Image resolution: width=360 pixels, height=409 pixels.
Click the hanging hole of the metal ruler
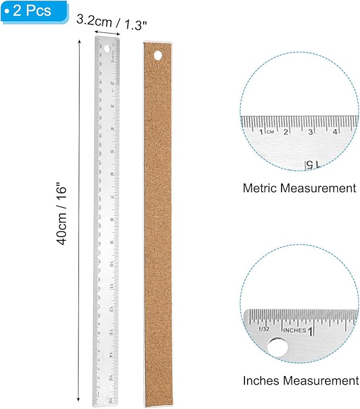point(108,49)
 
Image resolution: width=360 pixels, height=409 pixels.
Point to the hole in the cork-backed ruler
point(157,55)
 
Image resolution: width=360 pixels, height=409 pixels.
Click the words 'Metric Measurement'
point(299,188)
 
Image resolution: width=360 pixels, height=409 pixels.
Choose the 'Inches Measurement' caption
point(301,380)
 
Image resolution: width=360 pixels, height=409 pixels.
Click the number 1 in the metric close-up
point(262,131)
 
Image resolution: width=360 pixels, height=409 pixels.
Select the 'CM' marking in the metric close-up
point(270,131)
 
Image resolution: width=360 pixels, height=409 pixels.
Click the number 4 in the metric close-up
point(336,131)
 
